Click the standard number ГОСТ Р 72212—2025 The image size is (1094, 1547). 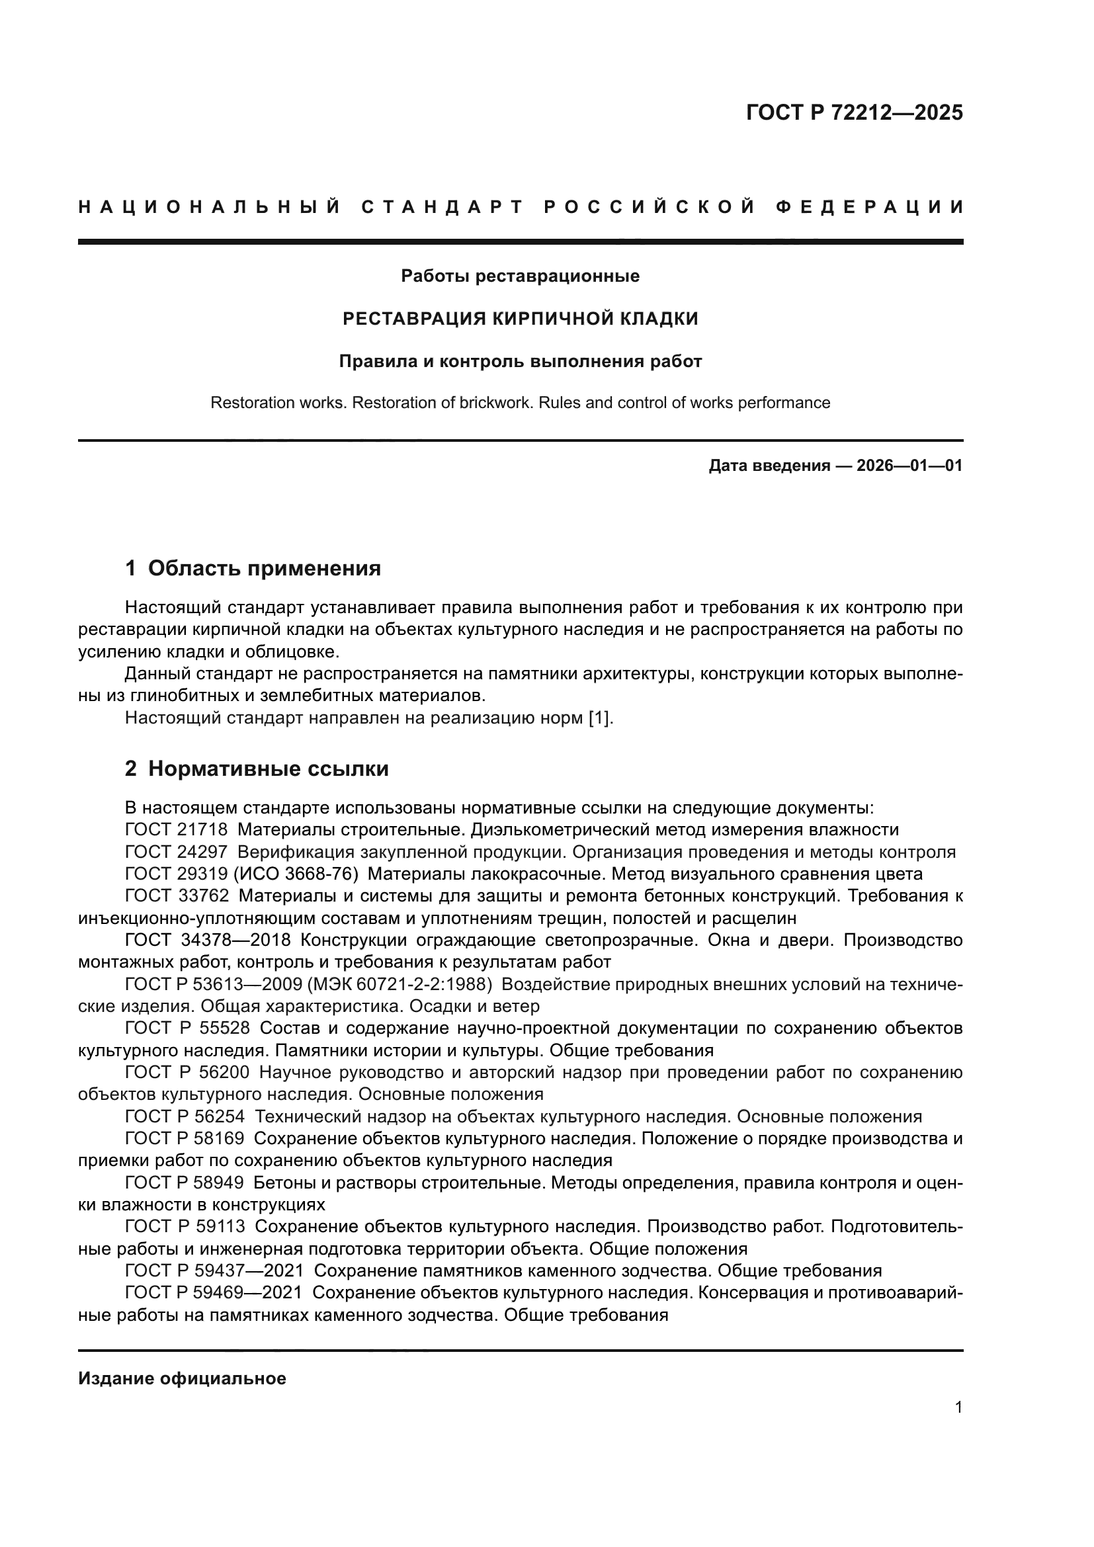pyautogui.click(x=853, y=112)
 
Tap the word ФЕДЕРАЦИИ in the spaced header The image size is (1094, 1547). pyautogui.click(x=869, y=208)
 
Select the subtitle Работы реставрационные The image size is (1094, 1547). pyautogui.click(x=520, y=276)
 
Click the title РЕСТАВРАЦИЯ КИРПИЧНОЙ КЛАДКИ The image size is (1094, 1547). pyautogui.click(x=520, y=319)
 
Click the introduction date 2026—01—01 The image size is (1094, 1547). pyautogui.click(x=909, y=466)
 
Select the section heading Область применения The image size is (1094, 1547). pyautogui.click(x=264, y=568)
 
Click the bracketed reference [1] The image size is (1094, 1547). pyautogui.click(x=600, y=718)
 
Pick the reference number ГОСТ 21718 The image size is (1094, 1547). pyautogui.click(x=176, y=829)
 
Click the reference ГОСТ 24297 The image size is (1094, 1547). pyautogui.click(x=176, y=852)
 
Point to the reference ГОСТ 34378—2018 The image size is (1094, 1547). pyautogui.click(x=208, y=940)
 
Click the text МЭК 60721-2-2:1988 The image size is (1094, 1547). pyautogui.click(x=399, y=984)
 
